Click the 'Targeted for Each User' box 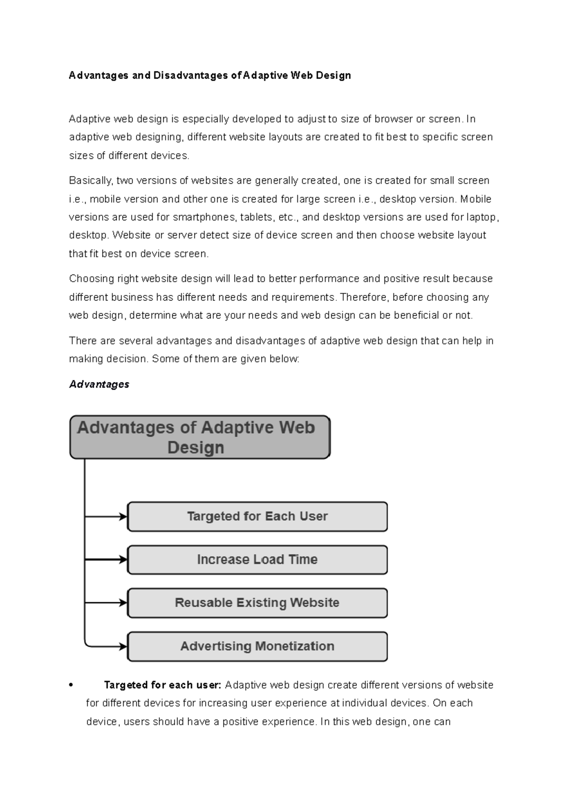tap(257, 516)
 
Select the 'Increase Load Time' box tap(257, 560)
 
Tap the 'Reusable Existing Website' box tap(257, 603)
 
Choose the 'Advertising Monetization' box tap(257, 646)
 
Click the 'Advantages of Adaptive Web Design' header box tap(200, 437)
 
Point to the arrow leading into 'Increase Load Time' tap(106, 560)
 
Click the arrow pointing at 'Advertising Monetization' tap(106, 646)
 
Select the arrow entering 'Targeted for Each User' tap(106, 516)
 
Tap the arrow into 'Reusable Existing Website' tap(106, 603)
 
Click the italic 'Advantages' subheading tap(99, 384)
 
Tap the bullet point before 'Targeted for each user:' tap(71, 685)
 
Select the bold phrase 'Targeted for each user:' tap(162, 685)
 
